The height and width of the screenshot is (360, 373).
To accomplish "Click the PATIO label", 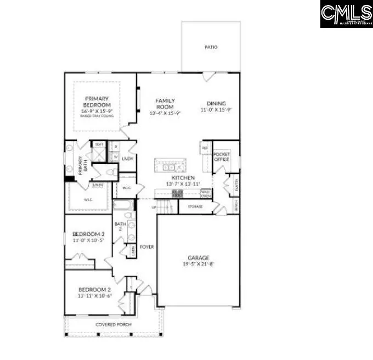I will click(x=211, y=47).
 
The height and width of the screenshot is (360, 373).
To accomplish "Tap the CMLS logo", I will click(x=346, y=14).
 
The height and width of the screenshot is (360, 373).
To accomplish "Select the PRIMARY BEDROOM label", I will click(x=97, y=102).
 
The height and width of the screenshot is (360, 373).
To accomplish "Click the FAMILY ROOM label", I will click(x=165, y=103).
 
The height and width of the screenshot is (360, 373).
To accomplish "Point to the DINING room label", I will click(x=216, y=103).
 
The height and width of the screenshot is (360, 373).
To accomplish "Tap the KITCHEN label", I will click(x=183, y=178).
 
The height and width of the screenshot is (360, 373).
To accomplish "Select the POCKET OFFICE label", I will click(x=221, y=157).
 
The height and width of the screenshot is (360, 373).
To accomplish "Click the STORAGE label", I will click(x=195, y=206).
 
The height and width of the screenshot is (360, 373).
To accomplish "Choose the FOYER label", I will click(x=146, y=247).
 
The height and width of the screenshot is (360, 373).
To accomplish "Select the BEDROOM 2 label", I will click(x=94, y=289).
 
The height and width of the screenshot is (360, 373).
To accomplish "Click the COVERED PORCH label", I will click(x=114, y=324).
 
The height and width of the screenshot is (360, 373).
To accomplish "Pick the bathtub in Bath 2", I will click(x=122, y=206).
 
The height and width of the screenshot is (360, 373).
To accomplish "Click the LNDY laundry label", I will click(x=128, y=159).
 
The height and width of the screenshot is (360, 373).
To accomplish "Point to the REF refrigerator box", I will click(x=205, y=148).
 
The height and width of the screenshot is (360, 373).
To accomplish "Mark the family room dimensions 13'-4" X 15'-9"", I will click(x=165, y=113).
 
